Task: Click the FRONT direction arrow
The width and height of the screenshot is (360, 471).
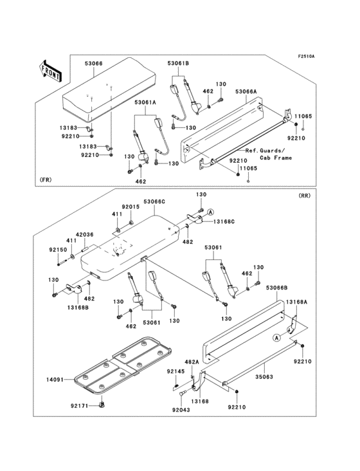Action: tap(50, 71)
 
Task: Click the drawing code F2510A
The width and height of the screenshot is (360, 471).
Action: tap(306, 56)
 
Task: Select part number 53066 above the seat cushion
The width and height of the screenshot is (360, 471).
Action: tap(93, 64)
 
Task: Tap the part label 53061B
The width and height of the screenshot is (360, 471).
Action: tap(178, 63)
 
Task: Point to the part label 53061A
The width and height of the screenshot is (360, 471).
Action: tap(145, 102)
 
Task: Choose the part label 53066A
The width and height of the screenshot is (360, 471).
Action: tap(246, 91)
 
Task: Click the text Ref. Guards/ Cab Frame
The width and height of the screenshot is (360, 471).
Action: tap(269, 154)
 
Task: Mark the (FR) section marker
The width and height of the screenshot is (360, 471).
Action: tap(45, 180)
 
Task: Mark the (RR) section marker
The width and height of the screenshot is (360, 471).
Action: tap(305, 196)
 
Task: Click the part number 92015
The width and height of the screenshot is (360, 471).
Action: tap(130, 207)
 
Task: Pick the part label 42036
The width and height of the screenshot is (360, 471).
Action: tap(84, 235)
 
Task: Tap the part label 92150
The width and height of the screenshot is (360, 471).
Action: tap(59, 249)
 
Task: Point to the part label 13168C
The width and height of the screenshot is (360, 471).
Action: tap(224, 222)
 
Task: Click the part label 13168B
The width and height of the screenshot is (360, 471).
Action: tap(78, 308)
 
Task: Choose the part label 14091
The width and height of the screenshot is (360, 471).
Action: tap(55, 380)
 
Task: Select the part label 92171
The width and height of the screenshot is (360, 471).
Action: tap(80, 406)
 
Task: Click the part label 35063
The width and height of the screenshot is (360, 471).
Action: tap(264, 376)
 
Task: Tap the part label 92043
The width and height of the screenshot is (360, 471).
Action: tap(181, 410)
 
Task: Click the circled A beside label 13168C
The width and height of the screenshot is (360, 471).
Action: tap(211, 212)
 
